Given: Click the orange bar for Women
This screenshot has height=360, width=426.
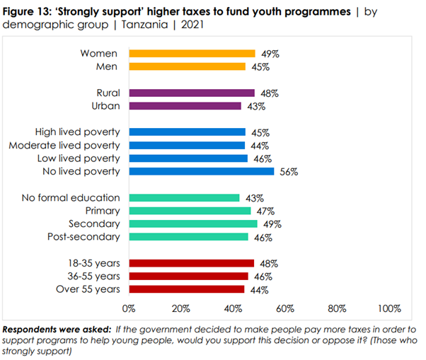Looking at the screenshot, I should point(191,53).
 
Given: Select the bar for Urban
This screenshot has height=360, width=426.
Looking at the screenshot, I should point(185,106).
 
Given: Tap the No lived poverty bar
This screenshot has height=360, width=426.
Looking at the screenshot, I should point(201,171).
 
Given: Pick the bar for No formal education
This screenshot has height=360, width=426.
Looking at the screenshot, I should point(184,198).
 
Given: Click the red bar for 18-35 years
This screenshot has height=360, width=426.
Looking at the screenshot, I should point(190,263).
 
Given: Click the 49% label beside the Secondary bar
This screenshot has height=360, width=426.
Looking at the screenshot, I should point(272,224).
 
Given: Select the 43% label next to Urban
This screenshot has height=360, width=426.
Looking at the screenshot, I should point(256,106).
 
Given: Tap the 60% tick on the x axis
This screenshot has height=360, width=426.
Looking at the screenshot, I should point(285,308).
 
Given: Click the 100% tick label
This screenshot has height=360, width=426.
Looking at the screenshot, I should point(388,308).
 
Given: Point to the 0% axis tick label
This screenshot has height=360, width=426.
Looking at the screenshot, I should point(129,308).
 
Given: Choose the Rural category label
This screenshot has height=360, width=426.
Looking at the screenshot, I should point(108,93).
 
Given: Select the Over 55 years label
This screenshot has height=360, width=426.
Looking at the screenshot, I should point(88,289).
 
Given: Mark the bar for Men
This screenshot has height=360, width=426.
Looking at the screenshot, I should point(187,66).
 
